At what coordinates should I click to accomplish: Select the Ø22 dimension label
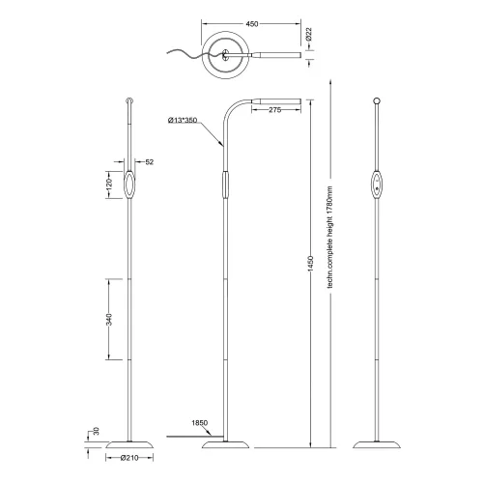[309, 35]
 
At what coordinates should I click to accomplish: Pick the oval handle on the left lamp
[130, 184]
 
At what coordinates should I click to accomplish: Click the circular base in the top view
[228, 56]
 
